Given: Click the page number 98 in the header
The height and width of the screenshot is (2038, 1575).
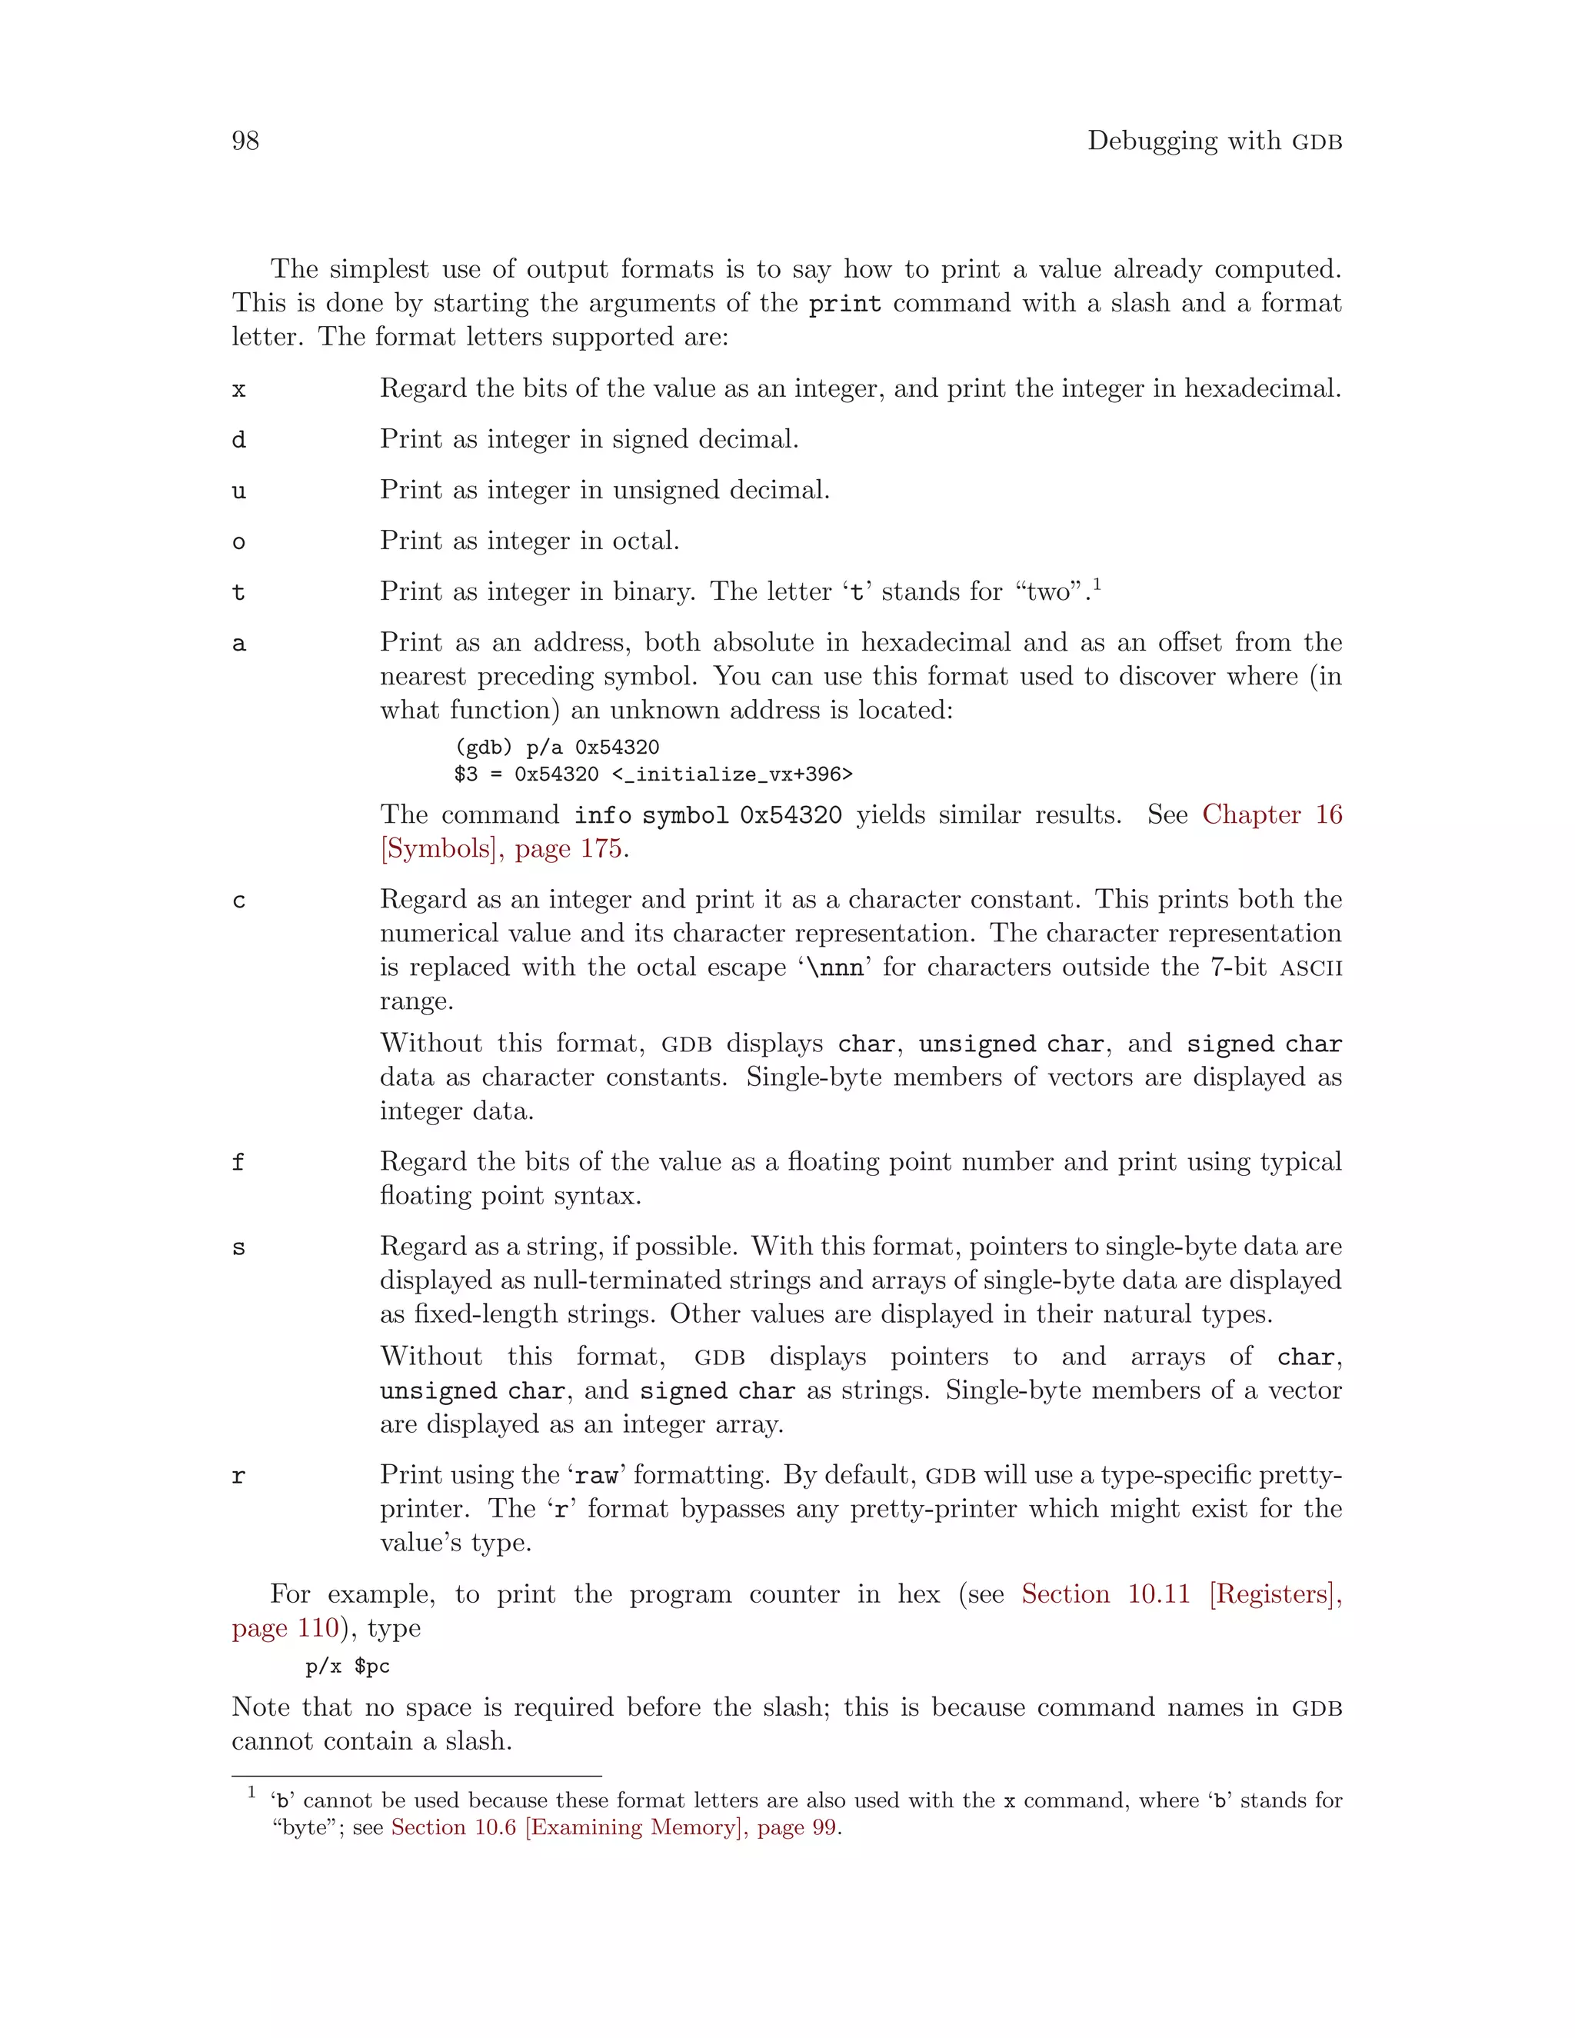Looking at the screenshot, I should click(245, 141).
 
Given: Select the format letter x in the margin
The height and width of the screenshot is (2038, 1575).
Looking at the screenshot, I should click(239, 390).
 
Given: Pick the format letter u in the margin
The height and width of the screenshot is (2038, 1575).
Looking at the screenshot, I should click(239, 491).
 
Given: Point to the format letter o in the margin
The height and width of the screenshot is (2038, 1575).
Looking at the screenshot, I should click(239, 542).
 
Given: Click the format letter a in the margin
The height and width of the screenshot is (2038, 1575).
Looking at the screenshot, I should click(239, 644).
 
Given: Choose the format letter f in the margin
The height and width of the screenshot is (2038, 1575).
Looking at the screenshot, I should click(239, 1163).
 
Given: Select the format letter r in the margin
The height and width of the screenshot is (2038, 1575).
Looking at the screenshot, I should click(239, 1477).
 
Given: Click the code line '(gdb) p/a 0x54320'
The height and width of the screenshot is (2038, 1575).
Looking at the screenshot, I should click(556, 748).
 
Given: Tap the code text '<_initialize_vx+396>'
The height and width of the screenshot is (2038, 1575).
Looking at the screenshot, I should click(732, 774).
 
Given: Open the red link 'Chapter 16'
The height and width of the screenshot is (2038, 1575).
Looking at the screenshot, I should click(1270, 814).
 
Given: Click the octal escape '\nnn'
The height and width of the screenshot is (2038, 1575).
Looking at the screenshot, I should click(835, 967).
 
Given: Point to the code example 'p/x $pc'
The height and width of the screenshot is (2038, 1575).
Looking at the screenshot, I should click(347, 1667).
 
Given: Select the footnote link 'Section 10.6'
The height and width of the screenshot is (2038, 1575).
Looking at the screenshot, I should click(452, 1827).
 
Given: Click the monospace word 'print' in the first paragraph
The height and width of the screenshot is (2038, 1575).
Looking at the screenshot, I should click(844, 305).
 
